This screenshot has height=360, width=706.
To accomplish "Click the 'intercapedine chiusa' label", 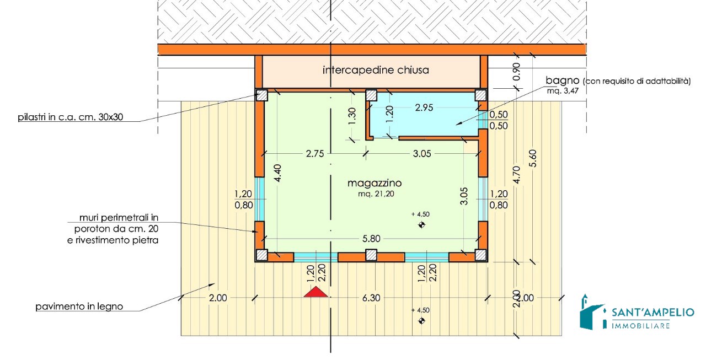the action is click(376, 70).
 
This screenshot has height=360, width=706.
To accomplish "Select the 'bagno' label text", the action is click(562, 80).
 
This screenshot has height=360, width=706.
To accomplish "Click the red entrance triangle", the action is click(316, 292).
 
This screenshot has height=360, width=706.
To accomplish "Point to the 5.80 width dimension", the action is click(371, 239).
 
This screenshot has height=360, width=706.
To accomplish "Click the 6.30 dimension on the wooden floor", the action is click(371, 298).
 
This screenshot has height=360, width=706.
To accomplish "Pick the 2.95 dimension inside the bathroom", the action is click(424, 108).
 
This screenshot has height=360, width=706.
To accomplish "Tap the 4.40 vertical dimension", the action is click(277, 173).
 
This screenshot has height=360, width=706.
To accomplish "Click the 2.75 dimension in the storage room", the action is click(315, 154).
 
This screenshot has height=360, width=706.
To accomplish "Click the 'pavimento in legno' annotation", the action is click(79, 307).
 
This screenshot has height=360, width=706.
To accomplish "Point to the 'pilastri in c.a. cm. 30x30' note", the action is click(70, 117).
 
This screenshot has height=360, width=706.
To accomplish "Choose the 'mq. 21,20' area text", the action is click(376, 194).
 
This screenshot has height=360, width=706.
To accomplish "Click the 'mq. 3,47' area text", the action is click(563, 92).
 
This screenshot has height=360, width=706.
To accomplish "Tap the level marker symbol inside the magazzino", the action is click(421, 224).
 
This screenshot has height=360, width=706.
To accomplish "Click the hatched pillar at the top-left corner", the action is click(261, 95).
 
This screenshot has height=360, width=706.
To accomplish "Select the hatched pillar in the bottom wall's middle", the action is click(371, 255).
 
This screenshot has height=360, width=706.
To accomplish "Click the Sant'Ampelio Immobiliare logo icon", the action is click(593, 313).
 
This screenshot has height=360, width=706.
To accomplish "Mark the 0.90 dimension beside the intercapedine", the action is click(517, 72).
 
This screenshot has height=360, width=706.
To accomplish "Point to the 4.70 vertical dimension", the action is click(517, 175).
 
